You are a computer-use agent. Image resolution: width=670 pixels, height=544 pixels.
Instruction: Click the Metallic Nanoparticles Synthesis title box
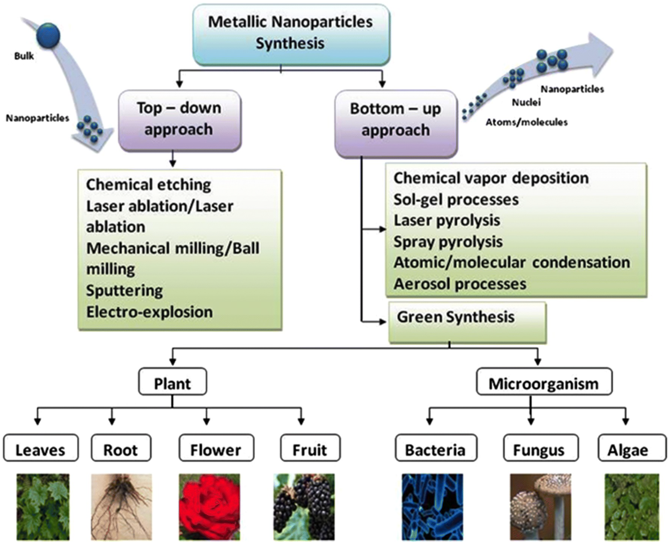coord(291,34)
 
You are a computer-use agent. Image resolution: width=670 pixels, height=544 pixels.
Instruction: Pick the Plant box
coord(172,381)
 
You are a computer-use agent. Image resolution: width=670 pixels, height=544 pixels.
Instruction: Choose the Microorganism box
coord(544,381)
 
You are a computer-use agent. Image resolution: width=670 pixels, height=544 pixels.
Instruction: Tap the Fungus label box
coord(541,447)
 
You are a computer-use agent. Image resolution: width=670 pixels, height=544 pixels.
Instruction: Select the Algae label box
coord(632,447)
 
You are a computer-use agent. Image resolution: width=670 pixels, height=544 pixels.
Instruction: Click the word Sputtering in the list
coord(124,290)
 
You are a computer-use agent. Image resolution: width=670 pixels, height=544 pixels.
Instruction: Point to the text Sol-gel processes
coord(456,200)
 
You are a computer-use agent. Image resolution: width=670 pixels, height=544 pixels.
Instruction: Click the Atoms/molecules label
coord(526,122)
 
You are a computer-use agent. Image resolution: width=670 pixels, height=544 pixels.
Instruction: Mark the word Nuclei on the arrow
coord(526,102)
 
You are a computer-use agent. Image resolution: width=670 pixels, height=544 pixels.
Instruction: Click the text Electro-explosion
coord(149,312)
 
